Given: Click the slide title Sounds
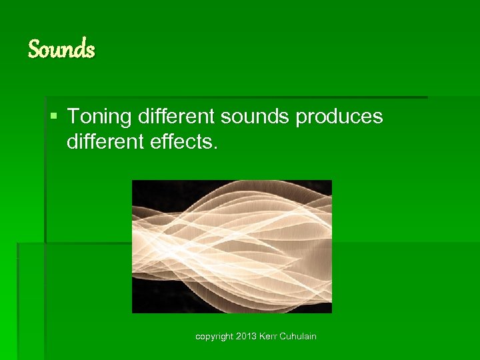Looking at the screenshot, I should [x=61, y=49].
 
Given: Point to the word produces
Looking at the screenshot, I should [x=339, y=118].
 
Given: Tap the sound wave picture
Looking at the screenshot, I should [x=231, y=246].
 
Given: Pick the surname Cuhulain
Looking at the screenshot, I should [x=299, y=336].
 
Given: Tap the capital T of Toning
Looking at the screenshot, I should [x=73, y=117].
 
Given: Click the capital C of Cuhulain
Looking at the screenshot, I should [x=284, y=336].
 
